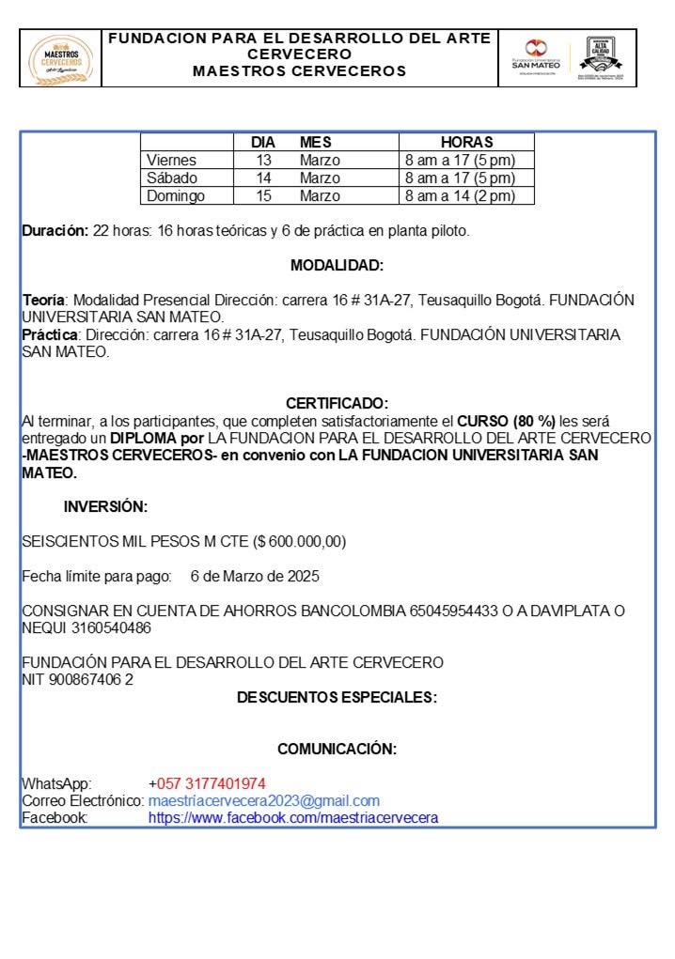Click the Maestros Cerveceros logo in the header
coord(63,58)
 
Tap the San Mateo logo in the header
coord(535,57)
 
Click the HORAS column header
coord(466,142)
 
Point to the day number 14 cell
coord(264,178)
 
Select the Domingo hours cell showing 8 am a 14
coord(460,196)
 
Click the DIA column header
coord(263,142)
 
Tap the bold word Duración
coord(55,231)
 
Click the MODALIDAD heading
coord(337,266)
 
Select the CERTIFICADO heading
coord(337,404)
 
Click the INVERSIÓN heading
coord(105,507)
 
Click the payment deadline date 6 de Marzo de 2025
coord(254,576)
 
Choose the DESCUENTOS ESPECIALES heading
coord(337,697)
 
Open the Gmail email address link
coord(264,801)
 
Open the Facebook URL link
coord(293,818)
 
